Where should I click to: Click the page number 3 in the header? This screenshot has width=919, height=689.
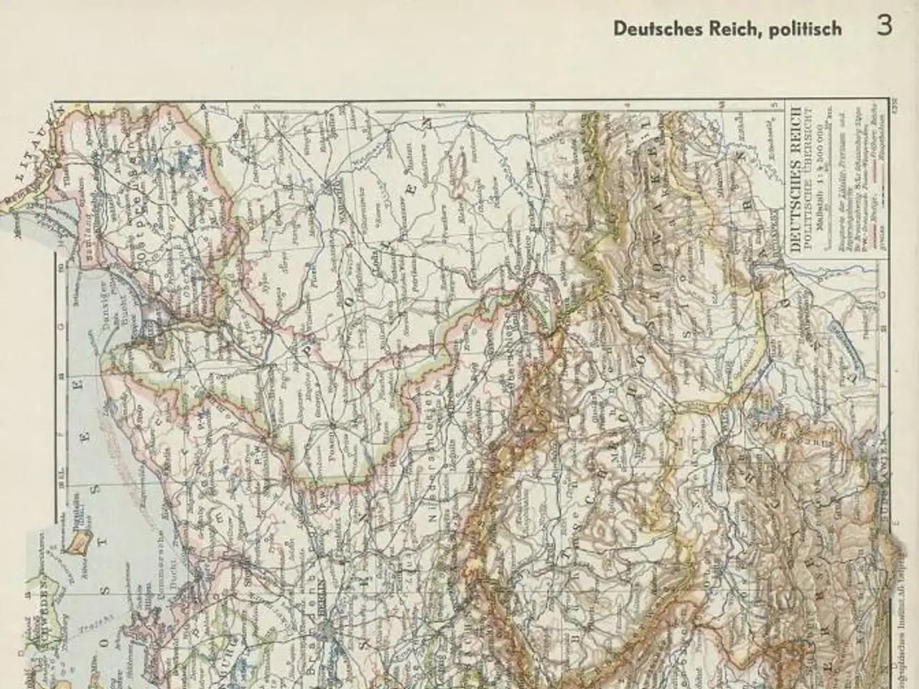pos(884,27)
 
